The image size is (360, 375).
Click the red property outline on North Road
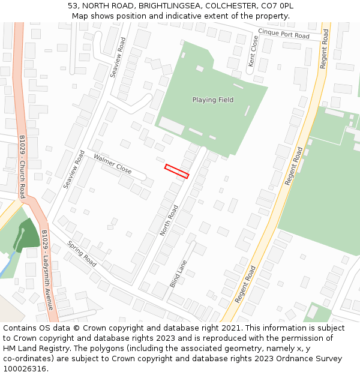pos(177,171)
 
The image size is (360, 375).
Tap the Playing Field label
pos(213,100)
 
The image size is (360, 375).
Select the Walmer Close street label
pos(112,163)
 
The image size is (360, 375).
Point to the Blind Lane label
pos(178,274)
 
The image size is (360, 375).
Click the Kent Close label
pos(253,51)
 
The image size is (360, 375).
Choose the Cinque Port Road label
pos(284,34)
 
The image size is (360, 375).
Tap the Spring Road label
pos(82,254)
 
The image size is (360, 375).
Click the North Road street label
pos(169,220)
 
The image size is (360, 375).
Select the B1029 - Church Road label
pos(22,166)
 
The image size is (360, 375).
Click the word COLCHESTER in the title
pos(228,6)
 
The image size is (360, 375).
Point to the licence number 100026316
pos(24,368)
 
